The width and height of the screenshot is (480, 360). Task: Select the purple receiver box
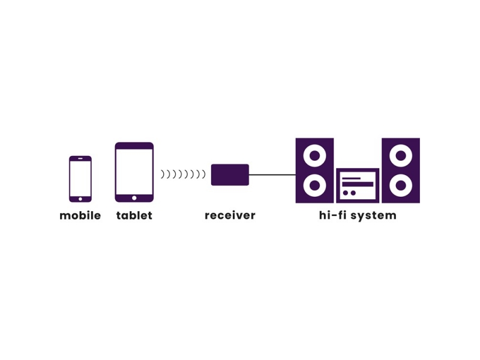click(230, 175)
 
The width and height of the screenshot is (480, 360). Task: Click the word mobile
click(80, 215)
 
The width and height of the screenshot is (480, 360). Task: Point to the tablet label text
click(134, 215)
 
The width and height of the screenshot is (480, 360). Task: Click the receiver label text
click(230, 215)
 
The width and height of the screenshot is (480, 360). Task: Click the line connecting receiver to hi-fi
click(272, 175)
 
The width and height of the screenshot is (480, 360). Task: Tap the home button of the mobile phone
click(80, 199)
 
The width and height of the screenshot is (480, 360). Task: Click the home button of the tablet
click(134, 198)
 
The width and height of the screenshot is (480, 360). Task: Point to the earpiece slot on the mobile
click(80, 158)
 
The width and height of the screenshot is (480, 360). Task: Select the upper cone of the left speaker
click(314, 156)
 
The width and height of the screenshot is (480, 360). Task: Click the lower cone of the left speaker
click(314, 185)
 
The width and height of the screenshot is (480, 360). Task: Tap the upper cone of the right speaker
click(401, 156)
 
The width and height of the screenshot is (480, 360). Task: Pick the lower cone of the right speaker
click(401, 185)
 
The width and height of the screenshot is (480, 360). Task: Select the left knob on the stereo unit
click(346, 193)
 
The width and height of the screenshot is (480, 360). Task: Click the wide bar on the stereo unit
click(358, 184)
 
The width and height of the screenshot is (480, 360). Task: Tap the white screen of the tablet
click(134, 172)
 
